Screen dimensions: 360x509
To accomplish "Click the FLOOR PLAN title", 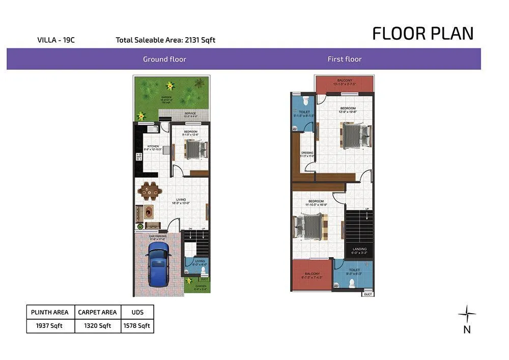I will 422,34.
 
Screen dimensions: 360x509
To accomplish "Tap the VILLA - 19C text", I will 56,40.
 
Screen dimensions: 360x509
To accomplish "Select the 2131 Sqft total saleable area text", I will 199,40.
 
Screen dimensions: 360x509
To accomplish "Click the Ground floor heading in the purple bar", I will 164,59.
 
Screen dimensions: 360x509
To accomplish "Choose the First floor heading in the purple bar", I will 345,59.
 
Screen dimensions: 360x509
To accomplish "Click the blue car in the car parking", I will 158,264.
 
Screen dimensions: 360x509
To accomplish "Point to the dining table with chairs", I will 150,191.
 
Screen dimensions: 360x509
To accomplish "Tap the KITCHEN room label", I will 153,147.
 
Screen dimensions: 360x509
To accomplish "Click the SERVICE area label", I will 190,113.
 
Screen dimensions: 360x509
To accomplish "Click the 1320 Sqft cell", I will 97,326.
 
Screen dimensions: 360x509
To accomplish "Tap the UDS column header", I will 137,312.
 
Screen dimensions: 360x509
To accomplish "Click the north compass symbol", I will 467,314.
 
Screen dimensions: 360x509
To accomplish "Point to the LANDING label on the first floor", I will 359,249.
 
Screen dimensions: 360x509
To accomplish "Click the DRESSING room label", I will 307,153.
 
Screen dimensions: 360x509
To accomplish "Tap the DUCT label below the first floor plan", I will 368,295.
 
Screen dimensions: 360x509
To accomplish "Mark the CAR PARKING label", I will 158,236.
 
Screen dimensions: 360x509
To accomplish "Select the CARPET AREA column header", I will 97,312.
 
